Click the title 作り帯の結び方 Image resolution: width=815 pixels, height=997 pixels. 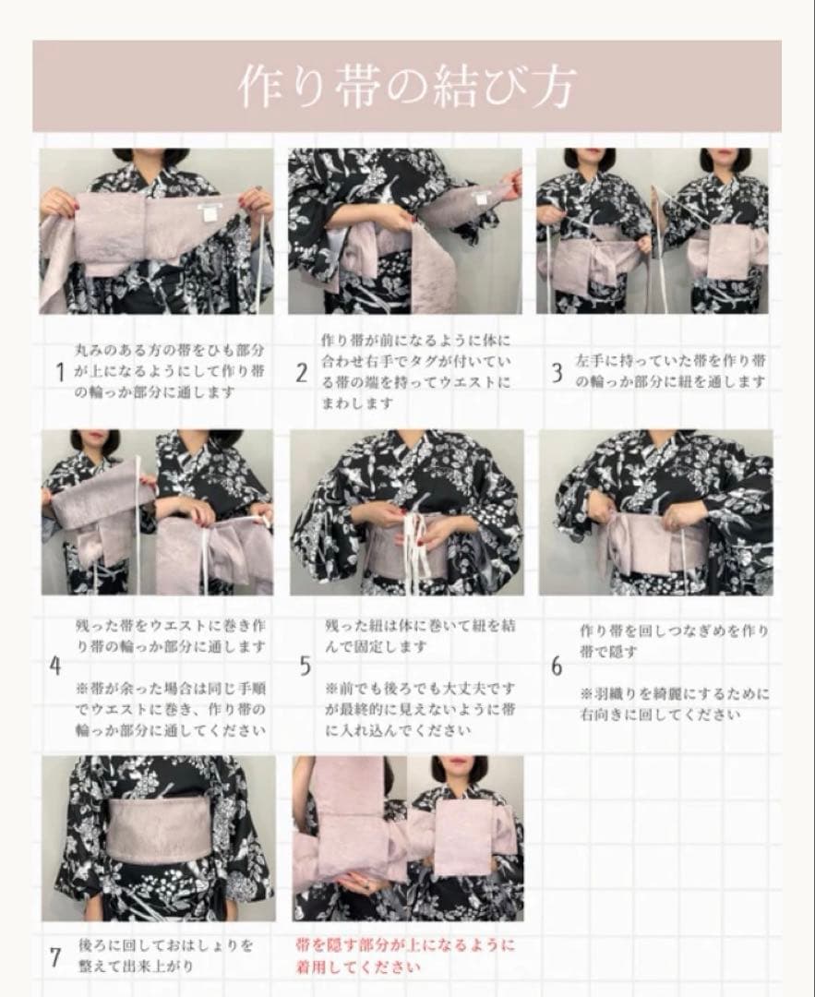(x=408, y=86)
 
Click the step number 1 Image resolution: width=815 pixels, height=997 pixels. (x=60, y=372)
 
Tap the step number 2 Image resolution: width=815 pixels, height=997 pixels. (x=301, y=373)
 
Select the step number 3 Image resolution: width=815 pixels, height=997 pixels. (x=557, y=373)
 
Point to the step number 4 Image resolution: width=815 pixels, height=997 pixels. (x=55, y=666)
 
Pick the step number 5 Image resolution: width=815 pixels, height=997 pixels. (x=306, y=666)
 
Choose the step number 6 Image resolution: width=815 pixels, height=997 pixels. (x=557, y=667)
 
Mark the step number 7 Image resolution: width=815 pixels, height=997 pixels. (x=55, y=957)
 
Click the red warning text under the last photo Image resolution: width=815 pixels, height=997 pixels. (x=405, y=956)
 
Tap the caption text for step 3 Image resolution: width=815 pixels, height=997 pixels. (x=671, y=371)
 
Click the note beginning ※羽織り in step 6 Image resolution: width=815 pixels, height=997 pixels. (x=675, y=703)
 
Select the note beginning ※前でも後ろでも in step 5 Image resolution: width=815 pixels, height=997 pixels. (x=420, y=709)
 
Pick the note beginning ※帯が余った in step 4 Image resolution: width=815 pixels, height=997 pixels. (x=171, y=709)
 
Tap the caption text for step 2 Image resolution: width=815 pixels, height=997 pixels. (x=415, y=371)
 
